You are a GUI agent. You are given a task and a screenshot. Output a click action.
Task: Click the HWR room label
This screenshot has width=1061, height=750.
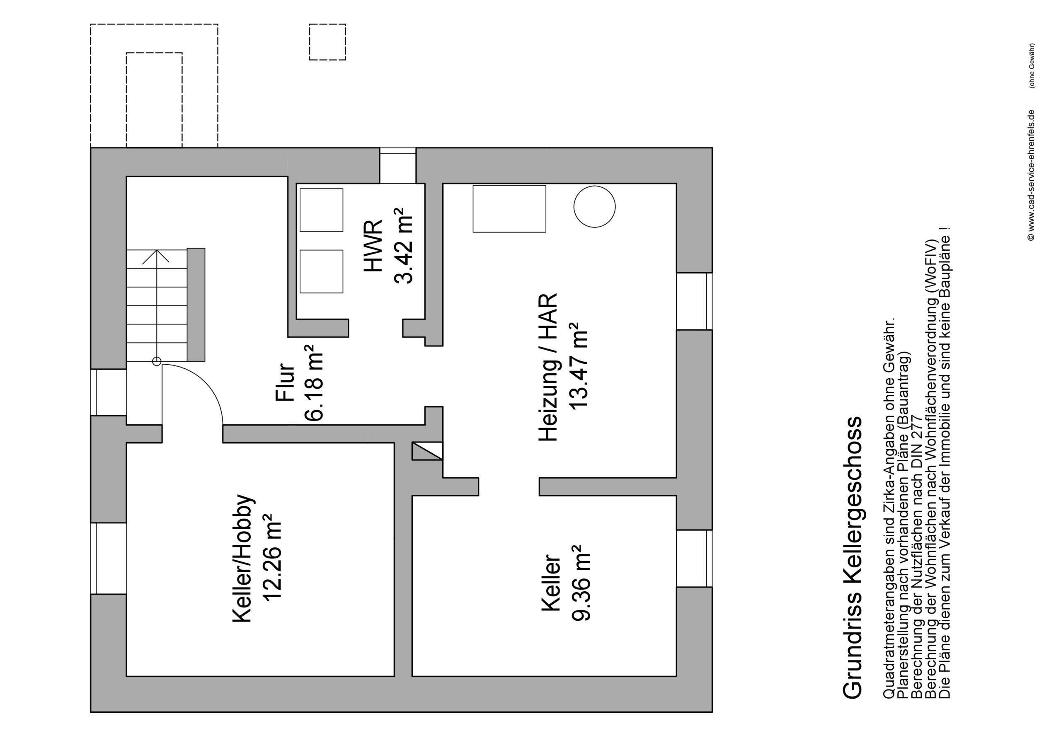tap(373, 245)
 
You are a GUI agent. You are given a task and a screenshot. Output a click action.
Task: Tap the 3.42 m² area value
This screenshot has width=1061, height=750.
tap(403, 245)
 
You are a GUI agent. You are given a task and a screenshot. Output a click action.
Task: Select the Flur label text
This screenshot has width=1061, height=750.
tap(285, 382)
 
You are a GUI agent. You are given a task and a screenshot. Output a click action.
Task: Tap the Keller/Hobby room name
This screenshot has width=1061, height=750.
tap(243, 559)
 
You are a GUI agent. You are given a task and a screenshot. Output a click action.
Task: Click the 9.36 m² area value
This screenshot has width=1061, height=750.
tap(581, 583)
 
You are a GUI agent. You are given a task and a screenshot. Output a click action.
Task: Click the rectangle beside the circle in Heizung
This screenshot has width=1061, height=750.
tap(509, 209)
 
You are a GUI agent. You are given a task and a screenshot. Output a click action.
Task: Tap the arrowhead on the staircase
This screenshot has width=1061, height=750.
tap(156, 256)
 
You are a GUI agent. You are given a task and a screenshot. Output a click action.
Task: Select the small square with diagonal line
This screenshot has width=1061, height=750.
tap(427, 451)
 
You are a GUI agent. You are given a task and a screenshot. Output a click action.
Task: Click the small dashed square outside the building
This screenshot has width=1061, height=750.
tap(327, 42)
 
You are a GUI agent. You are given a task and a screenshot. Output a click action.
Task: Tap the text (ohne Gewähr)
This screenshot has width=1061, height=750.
tap(1032, 65)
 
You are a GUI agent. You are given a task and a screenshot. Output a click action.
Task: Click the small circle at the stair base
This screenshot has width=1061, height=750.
tap(157, 362)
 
